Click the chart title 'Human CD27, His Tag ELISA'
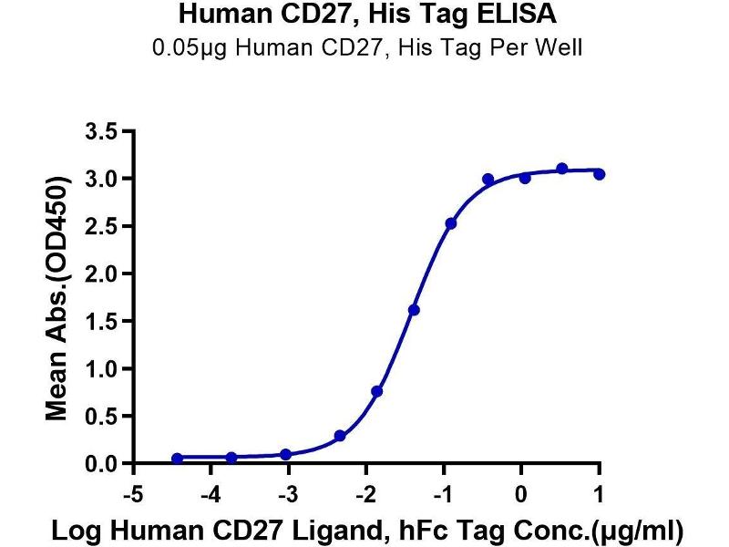[364, 15]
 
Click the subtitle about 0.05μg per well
[364, 46]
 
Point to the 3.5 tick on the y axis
[106, 131]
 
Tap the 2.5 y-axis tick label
[106, 226]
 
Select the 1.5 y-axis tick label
[106, 321]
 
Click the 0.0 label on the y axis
[106, 464]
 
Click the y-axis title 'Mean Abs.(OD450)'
[57, 297]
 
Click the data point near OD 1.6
[414, 310]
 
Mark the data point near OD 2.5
[451, 223]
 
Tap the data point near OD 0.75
[377, 391]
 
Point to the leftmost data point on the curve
[177, 459]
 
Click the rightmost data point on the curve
[599, 173]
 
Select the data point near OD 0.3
[340, 436]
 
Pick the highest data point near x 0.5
[562, 169]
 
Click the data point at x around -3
[286, 454]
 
